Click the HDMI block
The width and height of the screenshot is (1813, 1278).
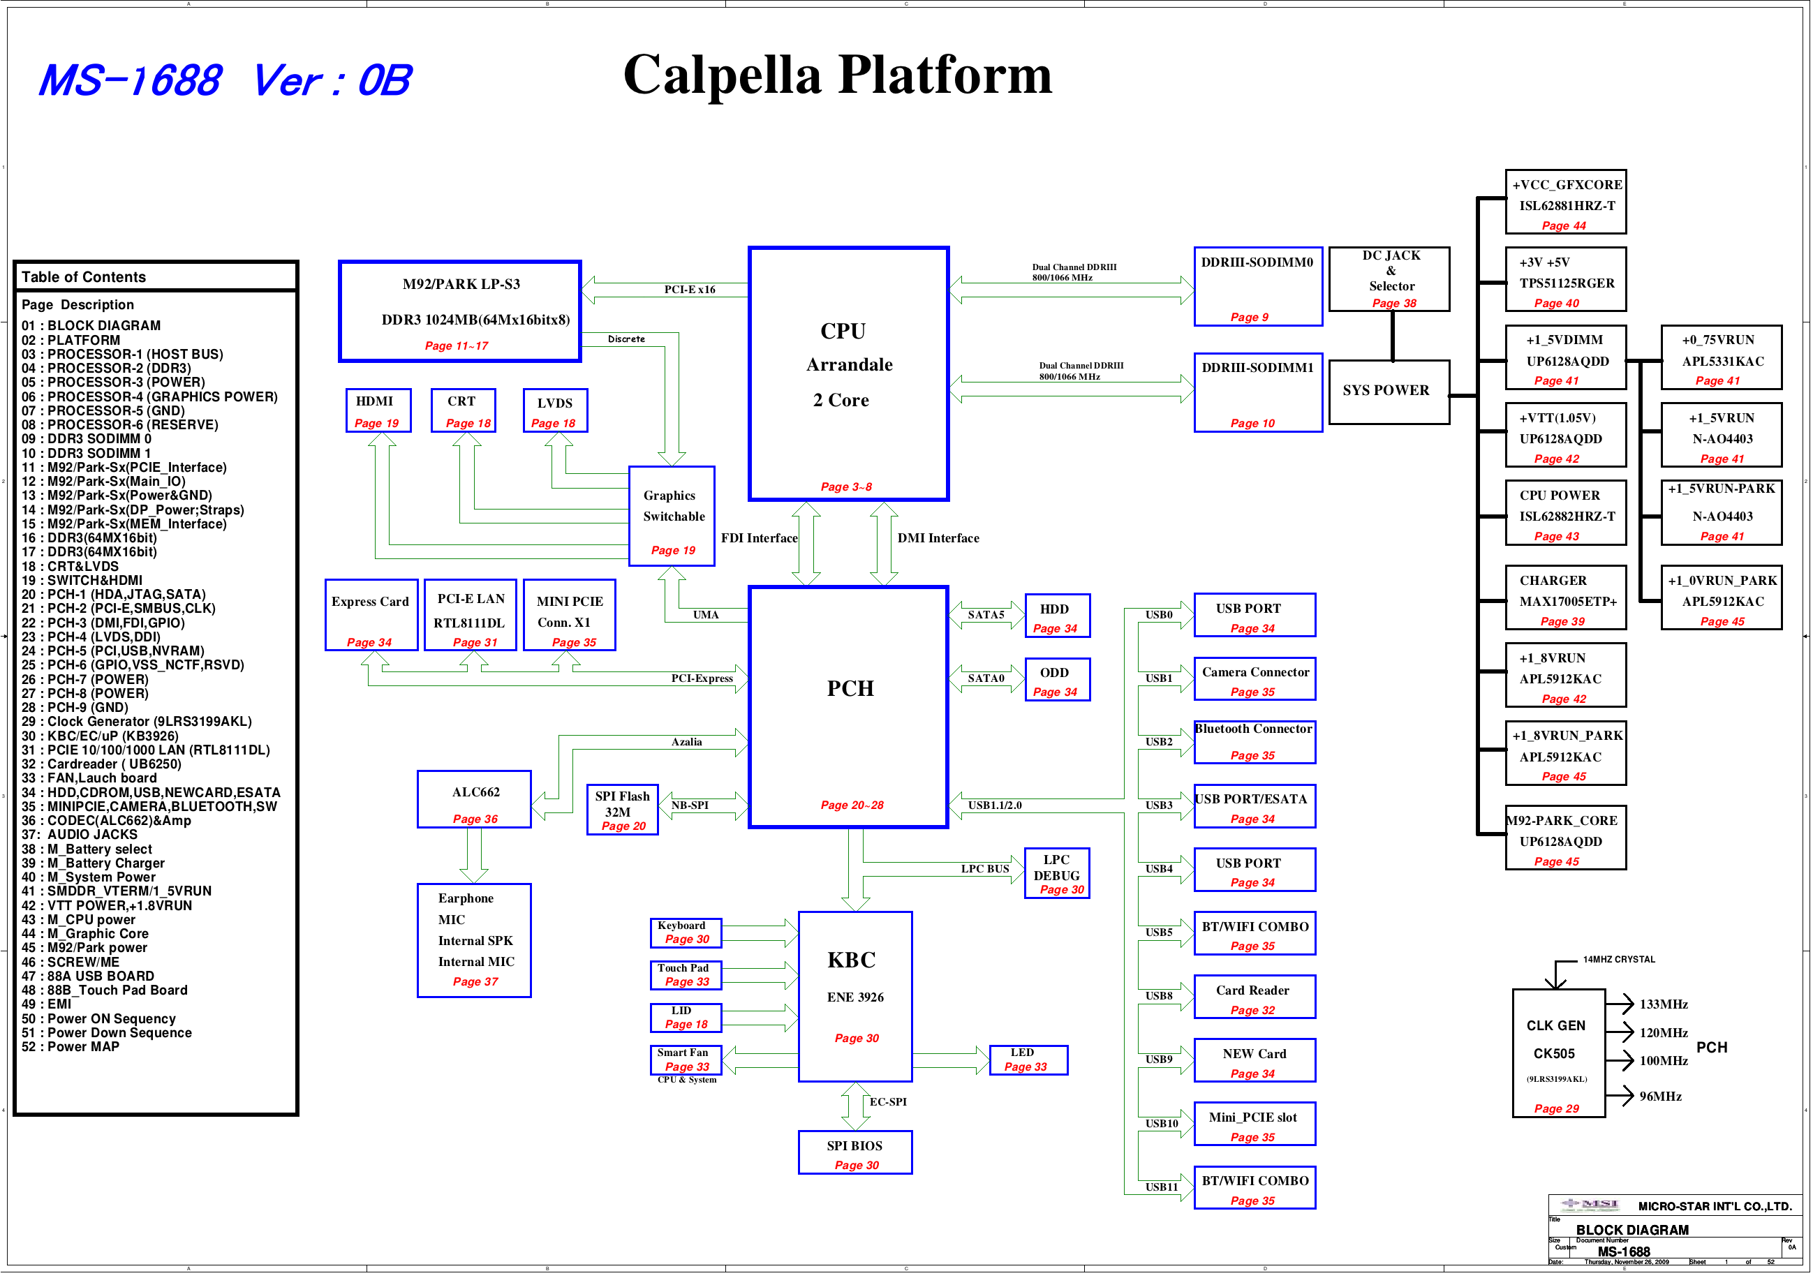pyautogui.click(x=378, y=410)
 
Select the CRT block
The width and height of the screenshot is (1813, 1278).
pyautogui.click(x=464, y=410)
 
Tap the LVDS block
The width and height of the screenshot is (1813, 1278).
pyautogui.click(x=555, y=410)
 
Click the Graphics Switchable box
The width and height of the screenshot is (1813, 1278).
pyautogui.click(x=672, y=517)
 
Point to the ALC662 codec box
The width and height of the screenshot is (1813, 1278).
pyautogui.click(x=475, y=800)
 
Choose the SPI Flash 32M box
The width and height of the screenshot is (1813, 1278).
pyautogui.click(x=622, y=810)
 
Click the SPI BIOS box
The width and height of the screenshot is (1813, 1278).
pyautogui.click(x=855, y=1152)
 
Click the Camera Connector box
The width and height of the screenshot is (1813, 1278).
pyautogui.click(x=1255, y=679)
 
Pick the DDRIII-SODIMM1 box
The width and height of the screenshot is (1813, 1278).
pyautogui.click(x=1258, y=392)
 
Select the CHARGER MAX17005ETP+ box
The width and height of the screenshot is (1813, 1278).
pyautogui.click(x=1566, y=597)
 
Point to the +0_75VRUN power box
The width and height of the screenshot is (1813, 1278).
pyautogui.click(x=1722, y=357)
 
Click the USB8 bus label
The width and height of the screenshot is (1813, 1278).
pyautogui.click(x=1159, y=996)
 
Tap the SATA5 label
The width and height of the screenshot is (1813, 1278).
pyautogui.click(x=986, y=615)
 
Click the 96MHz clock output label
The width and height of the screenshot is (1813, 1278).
pyautogui.click(x=1661, y=1097)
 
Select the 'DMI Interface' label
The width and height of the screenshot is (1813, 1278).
pyautogui.click(x=938, y=538)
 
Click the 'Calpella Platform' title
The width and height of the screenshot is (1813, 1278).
pyautogui.click(x=837, y=75)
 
